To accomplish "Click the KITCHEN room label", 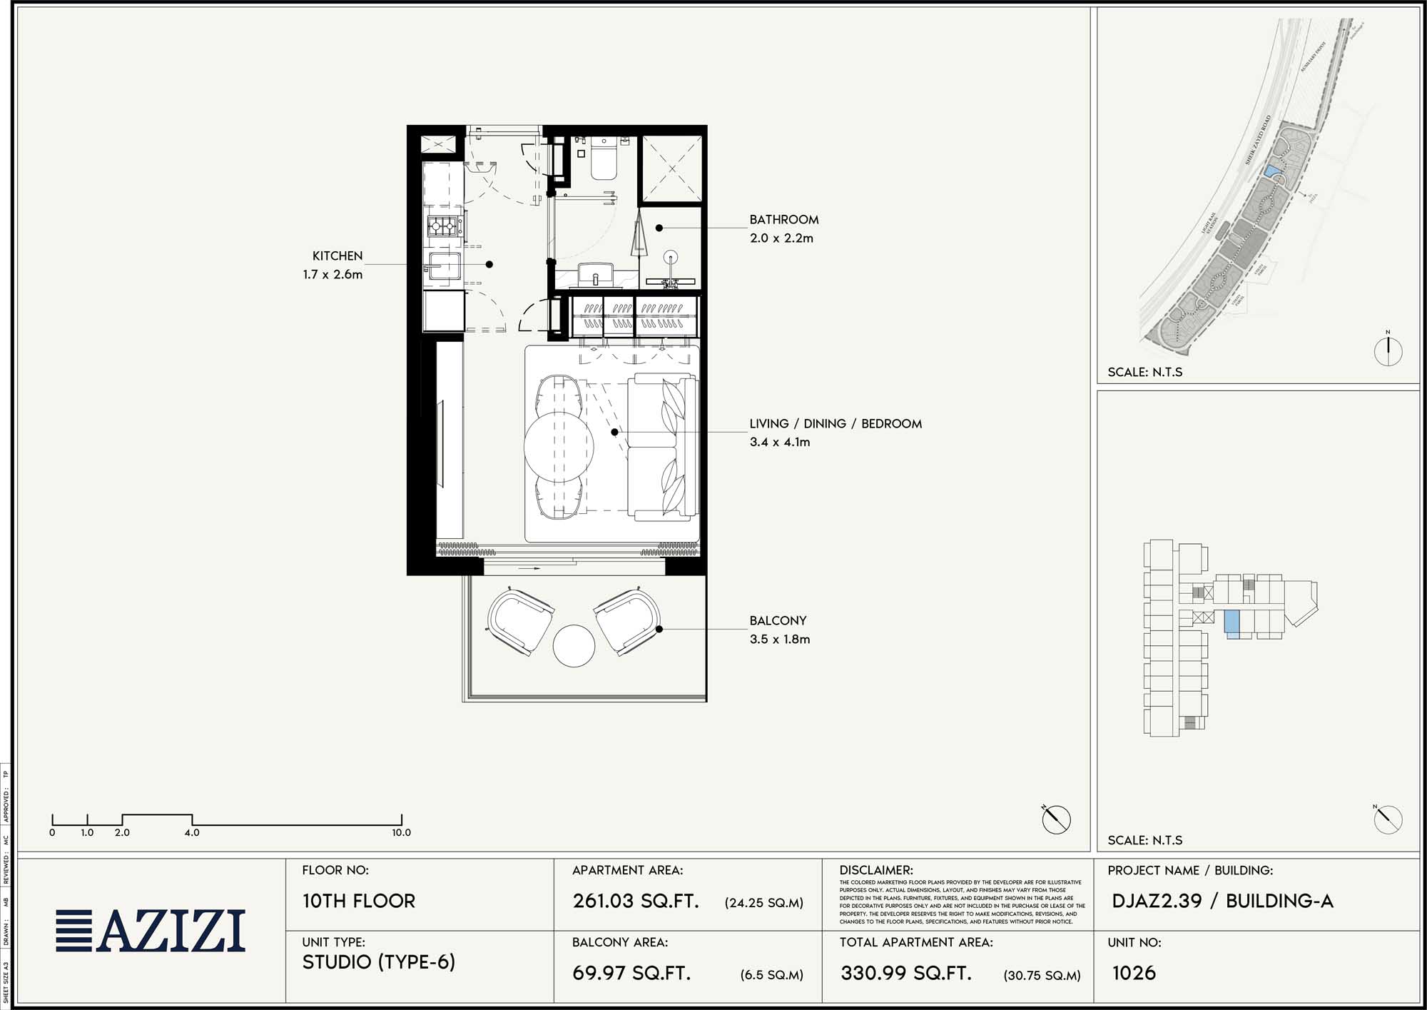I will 337,256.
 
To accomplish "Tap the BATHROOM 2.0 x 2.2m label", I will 783,228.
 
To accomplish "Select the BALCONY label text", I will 778,621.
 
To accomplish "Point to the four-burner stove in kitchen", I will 443,227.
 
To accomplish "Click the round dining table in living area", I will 559,447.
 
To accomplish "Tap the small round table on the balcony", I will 574,646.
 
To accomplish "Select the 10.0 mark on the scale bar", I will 401,832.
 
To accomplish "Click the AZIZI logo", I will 151,931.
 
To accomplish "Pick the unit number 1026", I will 1134,973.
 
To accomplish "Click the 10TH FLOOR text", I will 359,901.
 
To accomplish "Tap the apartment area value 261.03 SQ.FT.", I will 636,901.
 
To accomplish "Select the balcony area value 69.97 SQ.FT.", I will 631,973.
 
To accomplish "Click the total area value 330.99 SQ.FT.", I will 906,973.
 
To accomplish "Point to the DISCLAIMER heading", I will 875,870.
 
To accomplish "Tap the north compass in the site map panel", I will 1388,350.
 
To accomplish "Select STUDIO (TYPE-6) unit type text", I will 378,962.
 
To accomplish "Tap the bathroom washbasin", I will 596,273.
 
